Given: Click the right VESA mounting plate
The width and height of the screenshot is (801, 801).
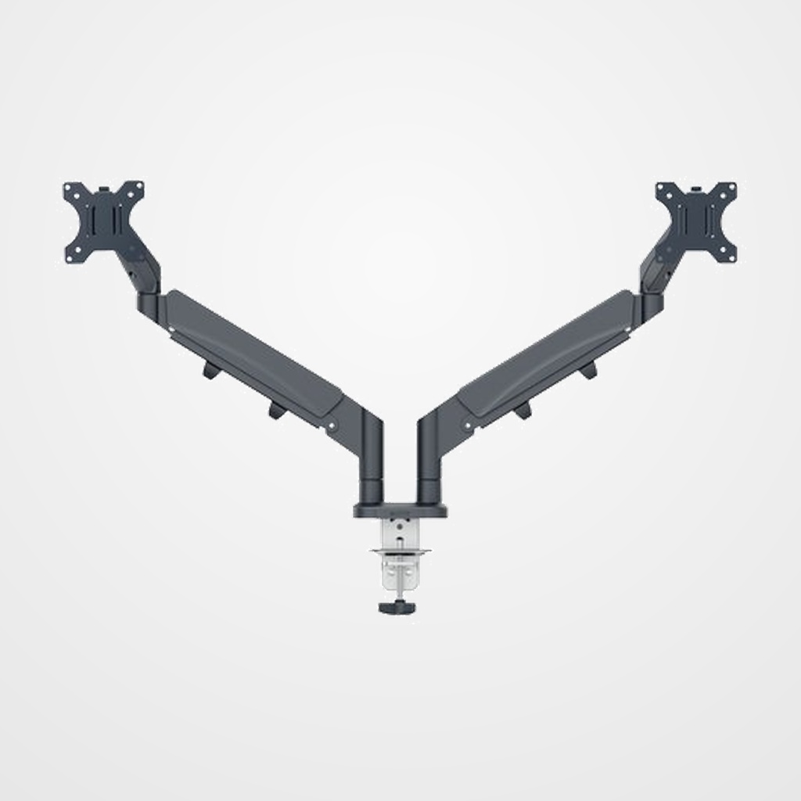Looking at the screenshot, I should [696, 221].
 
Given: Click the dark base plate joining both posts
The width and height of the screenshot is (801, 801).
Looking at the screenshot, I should [401, 510].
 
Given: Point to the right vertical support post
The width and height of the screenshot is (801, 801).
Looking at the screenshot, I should [430, 462].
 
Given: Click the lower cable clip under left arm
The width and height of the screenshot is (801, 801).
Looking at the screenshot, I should [276, 410].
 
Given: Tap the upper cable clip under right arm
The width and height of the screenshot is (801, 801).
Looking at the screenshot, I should [587, 371].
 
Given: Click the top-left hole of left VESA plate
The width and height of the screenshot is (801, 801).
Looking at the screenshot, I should [68, 188].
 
